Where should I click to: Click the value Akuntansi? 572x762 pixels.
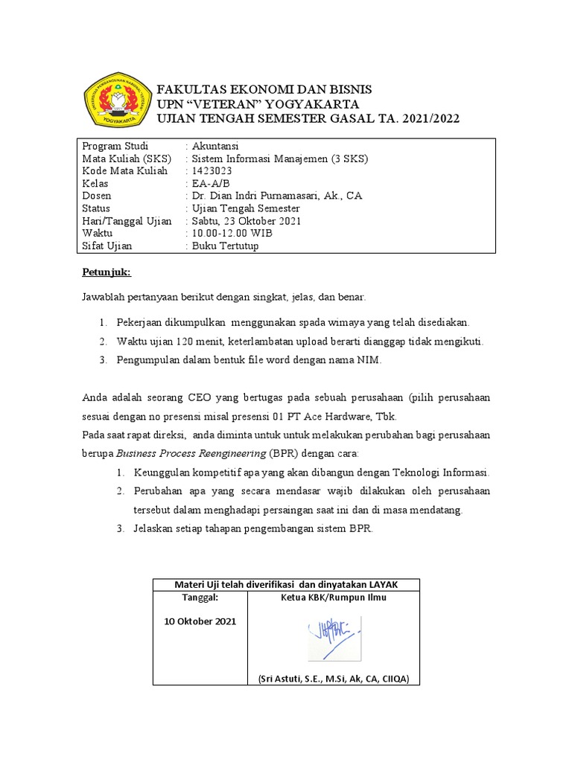pyautogui.click(x=215, y=145)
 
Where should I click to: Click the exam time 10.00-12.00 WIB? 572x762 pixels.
pyautogui.click(x=232, y=234)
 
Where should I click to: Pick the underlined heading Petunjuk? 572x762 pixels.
pyautogui.click(x=106, y=272)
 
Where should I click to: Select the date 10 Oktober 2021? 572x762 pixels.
pyautogui.click(x=200, y=621)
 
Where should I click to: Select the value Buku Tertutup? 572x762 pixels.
pyautogui.click(x=226, y=246)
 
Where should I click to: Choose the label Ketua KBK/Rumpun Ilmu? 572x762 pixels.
pyautogui.click(x=334, y=597)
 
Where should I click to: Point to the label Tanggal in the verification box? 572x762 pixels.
pyautogui.click(x=200, y=597)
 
